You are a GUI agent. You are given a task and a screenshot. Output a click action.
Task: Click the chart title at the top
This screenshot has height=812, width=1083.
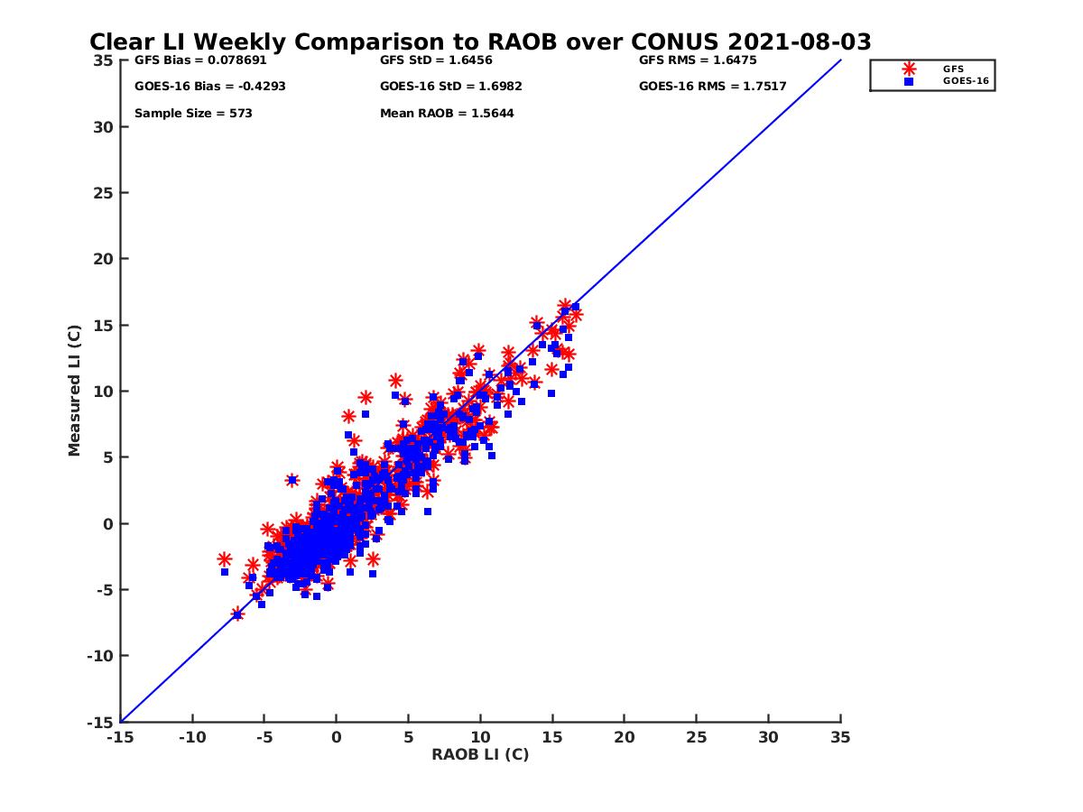click(x=480, y=42)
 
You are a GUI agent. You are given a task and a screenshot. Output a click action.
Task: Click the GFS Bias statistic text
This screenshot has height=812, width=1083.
click(x=200, y=60)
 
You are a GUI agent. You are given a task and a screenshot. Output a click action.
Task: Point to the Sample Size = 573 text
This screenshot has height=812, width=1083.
click(x=193, y=114)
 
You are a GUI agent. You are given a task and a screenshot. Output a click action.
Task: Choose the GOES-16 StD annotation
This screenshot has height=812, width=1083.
click(x=451, y=87)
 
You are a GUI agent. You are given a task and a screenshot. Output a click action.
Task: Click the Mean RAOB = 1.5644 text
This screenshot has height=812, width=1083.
click(x=447, y=114)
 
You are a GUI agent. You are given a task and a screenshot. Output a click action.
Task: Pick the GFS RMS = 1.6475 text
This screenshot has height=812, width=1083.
click(x=698, y=60)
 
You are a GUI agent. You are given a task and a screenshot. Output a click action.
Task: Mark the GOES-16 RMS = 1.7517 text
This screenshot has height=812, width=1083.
click(x=712, y=87)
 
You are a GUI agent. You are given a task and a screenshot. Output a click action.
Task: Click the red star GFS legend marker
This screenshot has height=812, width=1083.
click(x=909, y=69)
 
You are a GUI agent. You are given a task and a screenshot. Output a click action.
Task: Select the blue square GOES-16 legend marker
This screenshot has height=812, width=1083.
click(x=909, y=81)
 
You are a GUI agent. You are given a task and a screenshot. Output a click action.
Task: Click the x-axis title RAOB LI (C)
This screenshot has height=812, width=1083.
click(x=480, y=754)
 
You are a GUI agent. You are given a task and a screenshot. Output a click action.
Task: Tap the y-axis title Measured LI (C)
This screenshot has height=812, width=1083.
click(x=74, y=391)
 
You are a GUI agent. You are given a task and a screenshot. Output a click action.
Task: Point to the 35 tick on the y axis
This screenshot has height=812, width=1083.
click(x=103, y=60)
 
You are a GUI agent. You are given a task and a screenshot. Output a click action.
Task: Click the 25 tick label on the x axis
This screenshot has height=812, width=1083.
click(x=696, y=737)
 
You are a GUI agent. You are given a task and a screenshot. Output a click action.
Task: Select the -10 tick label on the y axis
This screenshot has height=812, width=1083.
click(x=99, y=656)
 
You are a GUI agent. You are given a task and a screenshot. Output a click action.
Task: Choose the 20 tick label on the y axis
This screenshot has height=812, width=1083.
click(x=103, y=259)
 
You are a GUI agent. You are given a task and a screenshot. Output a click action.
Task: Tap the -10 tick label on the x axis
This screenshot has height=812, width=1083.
click(x=191, y=737)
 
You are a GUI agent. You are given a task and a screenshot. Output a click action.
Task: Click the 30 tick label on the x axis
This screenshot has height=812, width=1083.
click(x=768, y=737)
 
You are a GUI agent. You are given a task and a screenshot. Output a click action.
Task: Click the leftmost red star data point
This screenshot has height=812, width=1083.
click(x=225, y=559)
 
